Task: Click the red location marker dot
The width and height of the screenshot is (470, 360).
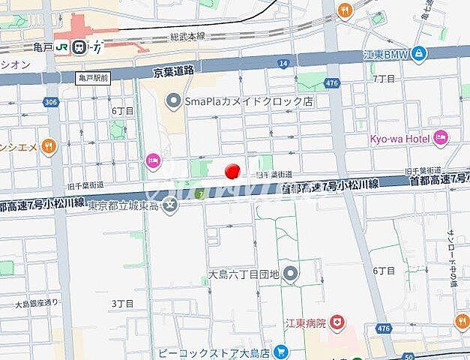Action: [232, 170]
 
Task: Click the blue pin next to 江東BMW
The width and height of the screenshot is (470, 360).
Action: [418, 53]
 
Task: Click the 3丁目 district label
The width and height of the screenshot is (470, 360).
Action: [122, 303]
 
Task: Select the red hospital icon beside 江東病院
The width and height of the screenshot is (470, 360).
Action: [341, 323]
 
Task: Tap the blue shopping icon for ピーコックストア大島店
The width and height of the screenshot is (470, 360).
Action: [280, 351]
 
